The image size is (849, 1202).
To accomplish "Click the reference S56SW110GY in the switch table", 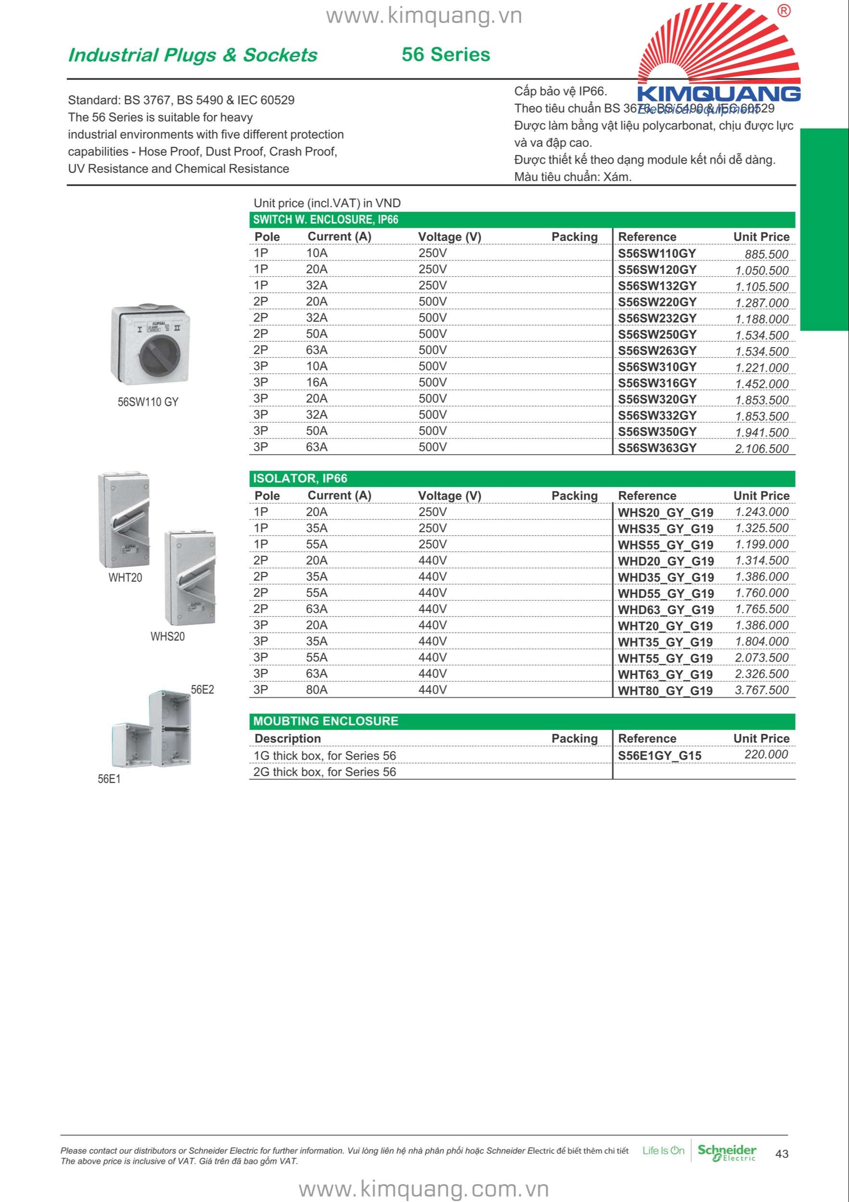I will [656, 253].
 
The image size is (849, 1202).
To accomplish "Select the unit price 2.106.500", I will [761, 449].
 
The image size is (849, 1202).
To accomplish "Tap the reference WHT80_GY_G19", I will [665, 690].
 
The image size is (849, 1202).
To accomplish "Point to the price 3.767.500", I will [761, 690].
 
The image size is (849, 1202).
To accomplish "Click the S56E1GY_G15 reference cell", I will [659, 755].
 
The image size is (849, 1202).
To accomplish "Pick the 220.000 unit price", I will [766, 754].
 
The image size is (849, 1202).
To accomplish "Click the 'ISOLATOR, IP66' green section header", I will [300, 478].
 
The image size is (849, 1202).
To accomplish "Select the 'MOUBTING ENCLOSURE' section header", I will [325, 721].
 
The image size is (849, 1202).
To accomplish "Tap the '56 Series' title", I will [446, 54].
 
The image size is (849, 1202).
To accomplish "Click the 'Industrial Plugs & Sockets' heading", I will [193, 55].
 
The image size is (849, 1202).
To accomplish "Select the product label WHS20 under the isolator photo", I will [167, 637].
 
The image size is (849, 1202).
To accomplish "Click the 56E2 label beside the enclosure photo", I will [202, 689].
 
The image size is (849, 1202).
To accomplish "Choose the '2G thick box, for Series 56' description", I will [324, 772].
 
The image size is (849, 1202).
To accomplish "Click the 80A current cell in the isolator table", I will [317, 689].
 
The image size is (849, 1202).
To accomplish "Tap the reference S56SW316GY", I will [657, 383].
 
